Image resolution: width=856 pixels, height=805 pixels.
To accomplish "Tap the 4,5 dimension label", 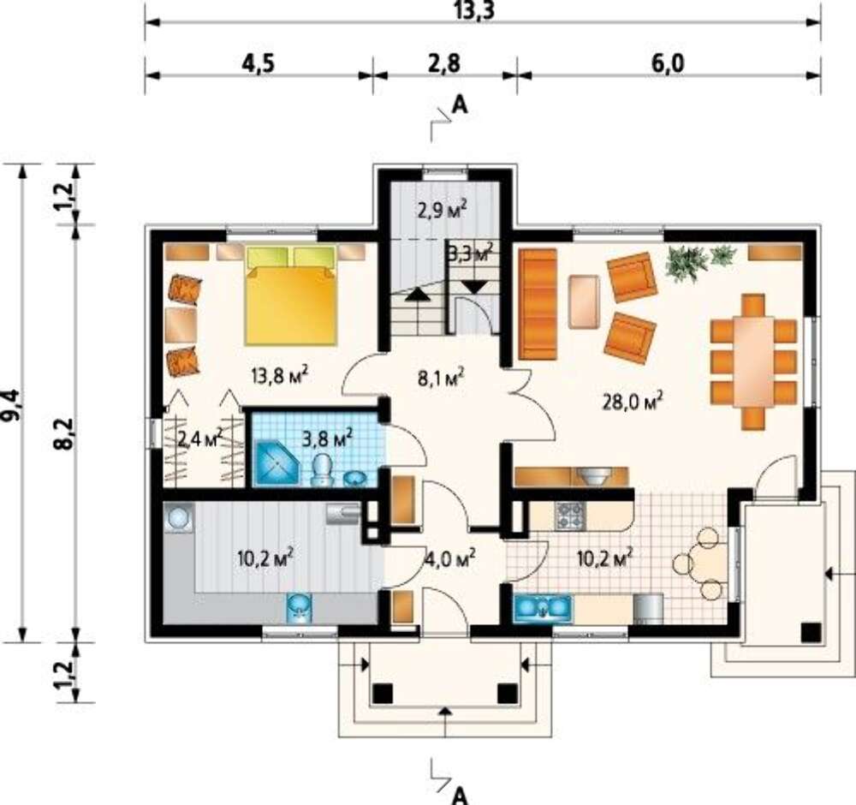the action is click(258, 63).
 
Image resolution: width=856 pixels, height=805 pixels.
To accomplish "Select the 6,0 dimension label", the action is click(667, 63).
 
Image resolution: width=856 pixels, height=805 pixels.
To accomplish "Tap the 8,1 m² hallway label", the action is click(441, 377).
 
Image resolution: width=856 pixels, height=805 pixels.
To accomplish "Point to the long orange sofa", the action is click(538, 304).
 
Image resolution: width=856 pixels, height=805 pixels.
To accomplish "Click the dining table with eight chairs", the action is click(753, 361).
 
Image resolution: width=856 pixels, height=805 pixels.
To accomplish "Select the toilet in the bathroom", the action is click(322, 471).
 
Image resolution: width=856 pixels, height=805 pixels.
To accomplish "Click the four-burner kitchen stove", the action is click(570, 516).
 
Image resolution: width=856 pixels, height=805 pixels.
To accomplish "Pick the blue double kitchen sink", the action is click(543, 608).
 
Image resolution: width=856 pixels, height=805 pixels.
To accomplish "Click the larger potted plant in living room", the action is click(687, 263).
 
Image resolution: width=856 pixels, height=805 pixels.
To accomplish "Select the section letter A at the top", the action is click(461, 104).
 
